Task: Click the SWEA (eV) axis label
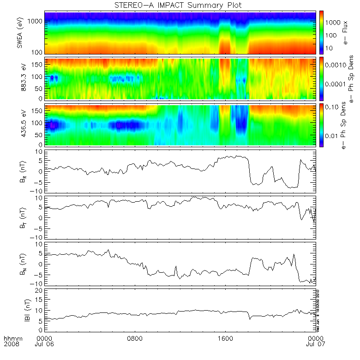pyautogui.click(x=19, y=32)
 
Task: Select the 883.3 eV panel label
pyautogui.click(x=19, y=78)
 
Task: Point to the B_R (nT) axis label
pyautogui.click(x=19, y=171)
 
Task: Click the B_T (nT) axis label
pyautogui.click(x=19, y=217)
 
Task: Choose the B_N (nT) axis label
pyautogui.click(x=19, y=264)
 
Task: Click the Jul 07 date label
pyautogui.click(x=316, y=344)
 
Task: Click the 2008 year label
pyautogui.click(x=12, y=344)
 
